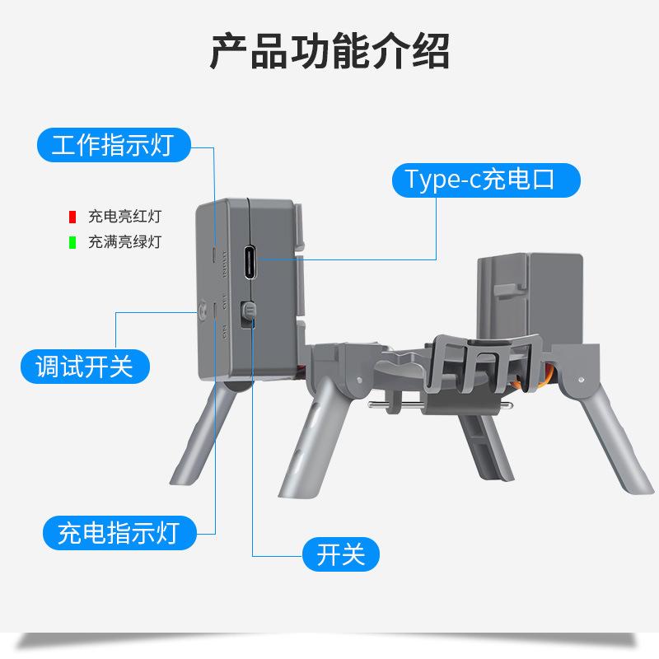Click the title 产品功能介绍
[329, 51]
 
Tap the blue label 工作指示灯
[112, 146]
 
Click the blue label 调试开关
[84, 365]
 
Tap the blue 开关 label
[340, 554]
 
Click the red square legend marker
[72, 217]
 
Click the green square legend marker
[72, 242]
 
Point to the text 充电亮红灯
[124, 217]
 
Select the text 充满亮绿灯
[124, 242]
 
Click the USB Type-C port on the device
[250, 263]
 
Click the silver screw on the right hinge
[582, 379]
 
